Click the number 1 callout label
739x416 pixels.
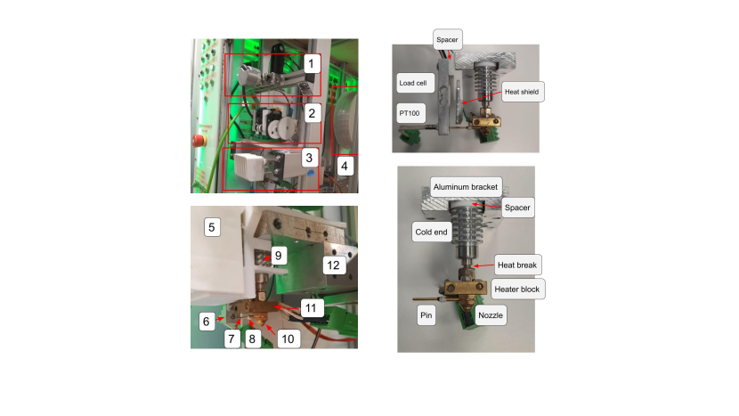[311, 63]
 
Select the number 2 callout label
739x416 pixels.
[312, 113]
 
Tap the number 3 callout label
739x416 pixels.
[309, 158]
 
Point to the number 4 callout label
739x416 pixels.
[345, 166]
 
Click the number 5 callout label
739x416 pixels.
[212, 227]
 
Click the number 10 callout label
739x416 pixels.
[288, 339]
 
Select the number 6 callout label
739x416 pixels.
[206, 322]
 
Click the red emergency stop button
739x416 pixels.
[199, 140]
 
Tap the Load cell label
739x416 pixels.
[413, 83]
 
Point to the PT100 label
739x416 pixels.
[410, 113]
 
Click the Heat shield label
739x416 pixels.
[522, 92]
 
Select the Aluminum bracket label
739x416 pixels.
[466, 187]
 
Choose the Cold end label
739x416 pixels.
[431, 232]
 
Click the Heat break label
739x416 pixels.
[517, 265]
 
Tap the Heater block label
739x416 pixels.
[517, 290]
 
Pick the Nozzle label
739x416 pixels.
[491, 315]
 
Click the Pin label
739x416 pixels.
[426, 315]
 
